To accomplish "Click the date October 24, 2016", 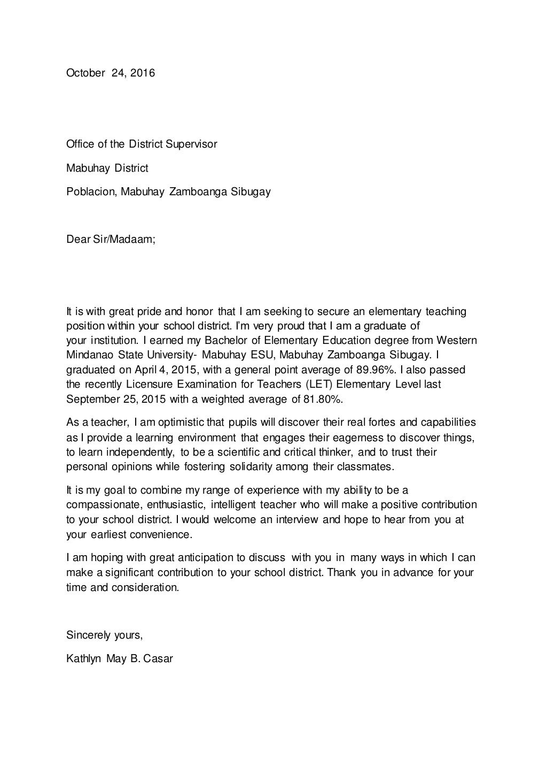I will tap(111, 73).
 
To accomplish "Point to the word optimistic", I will tap(182, 423).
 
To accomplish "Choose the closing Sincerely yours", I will tap(104, 635).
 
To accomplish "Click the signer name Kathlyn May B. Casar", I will tap(119, 658).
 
